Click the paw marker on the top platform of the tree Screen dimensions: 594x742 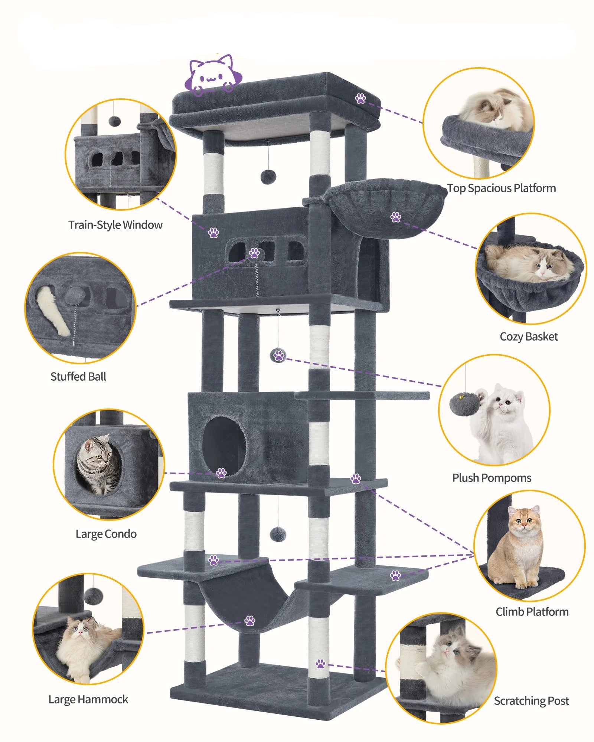(360, 98)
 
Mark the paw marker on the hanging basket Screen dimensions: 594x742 (396, 217)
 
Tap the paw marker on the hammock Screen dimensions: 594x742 (250, 620)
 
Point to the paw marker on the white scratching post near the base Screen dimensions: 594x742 (320, 664)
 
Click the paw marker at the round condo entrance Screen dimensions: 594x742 (221, 473)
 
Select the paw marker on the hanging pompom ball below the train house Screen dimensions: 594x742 (279, 355)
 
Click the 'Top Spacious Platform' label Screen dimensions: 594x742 (501, 188)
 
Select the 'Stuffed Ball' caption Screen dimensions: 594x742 (78, 377)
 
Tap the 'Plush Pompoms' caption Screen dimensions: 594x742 (492, 478)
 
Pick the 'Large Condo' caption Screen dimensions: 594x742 (106, 534)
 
